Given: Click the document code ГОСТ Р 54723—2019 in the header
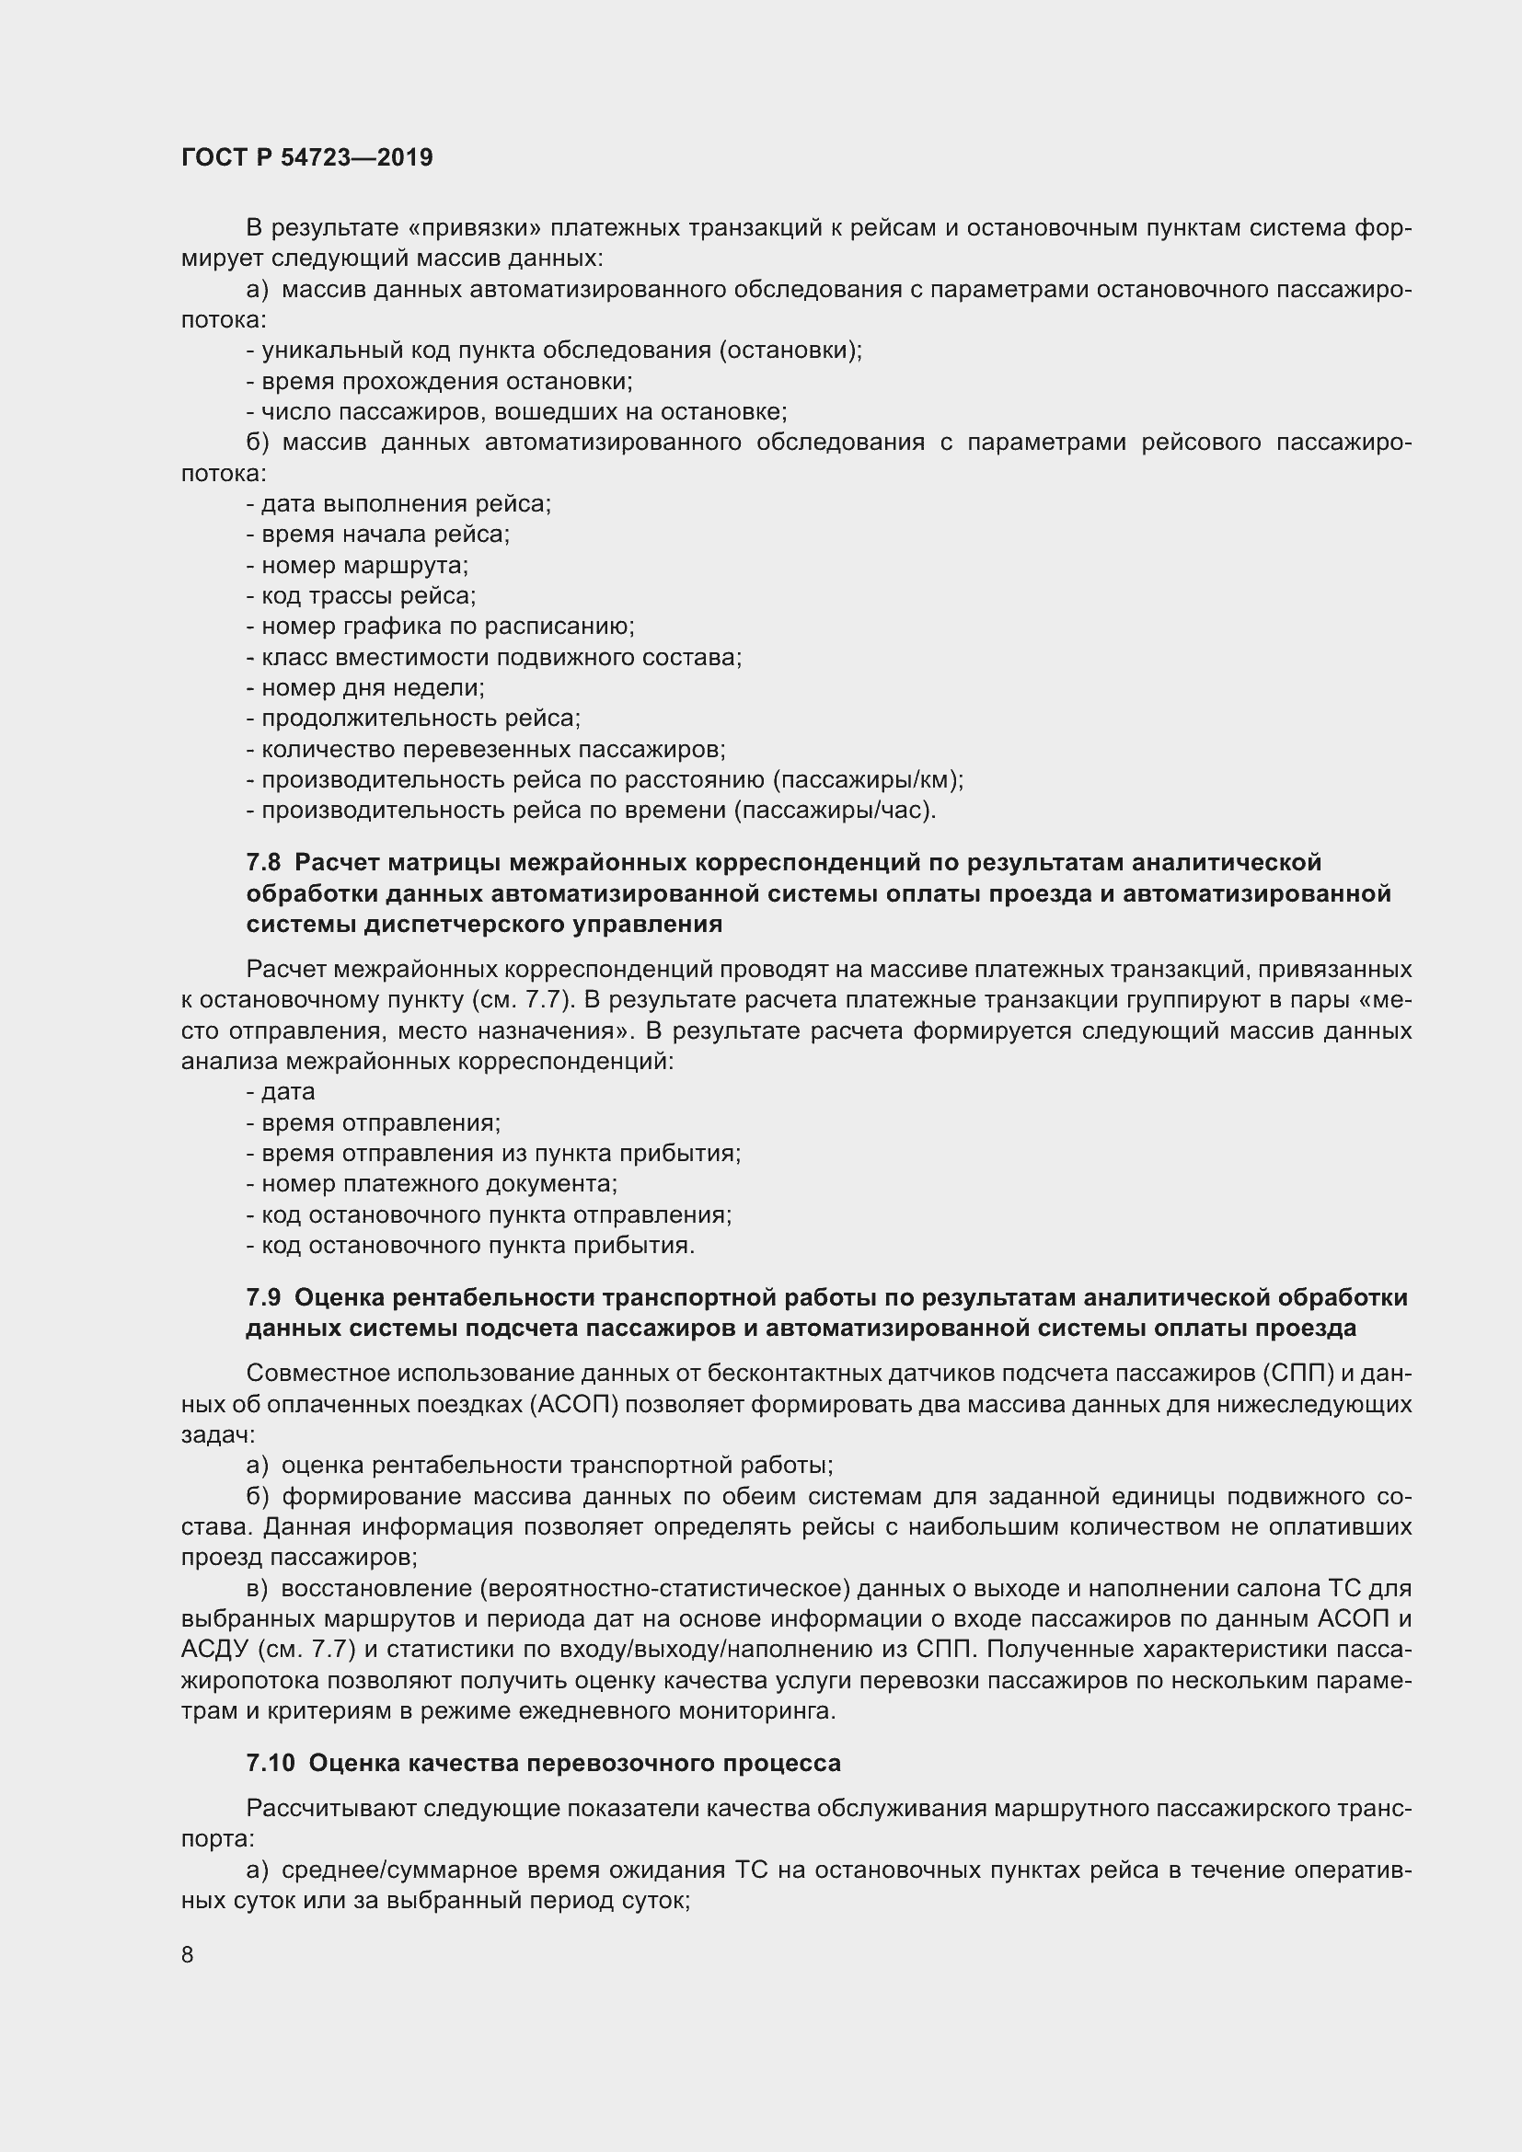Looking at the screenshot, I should [x=306, y=157].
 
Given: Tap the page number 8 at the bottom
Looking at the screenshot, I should [x=188, y=1954].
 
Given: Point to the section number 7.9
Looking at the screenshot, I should [x=263, y=1297].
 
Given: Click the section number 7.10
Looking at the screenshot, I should [x=270, y=1763].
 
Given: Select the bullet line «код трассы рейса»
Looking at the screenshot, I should [x=361, y=595].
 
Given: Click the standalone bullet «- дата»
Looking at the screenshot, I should [x=282, y=1092].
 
